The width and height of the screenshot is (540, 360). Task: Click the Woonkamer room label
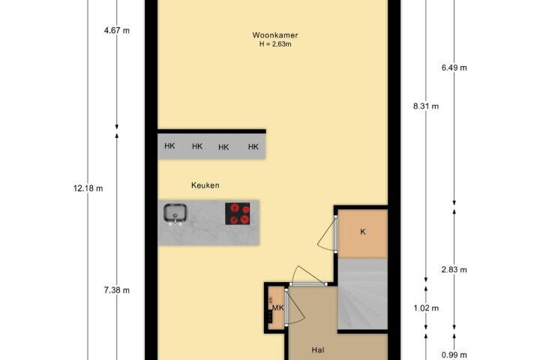point(274,35)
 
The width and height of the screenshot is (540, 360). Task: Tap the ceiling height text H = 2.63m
point(275,44)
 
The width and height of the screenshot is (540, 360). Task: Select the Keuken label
point(205,185)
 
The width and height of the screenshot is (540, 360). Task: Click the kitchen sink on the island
point(175,214)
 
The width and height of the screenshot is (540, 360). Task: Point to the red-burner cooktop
point(237,214)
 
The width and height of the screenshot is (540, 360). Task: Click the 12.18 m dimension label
point(88,188)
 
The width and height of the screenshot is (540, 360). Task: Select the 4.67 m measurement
point(117,31)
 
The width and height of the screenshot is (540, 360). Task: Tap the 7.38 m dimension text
point(117,290)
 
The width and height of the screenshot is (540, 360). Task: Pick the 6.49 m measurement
point(454,67)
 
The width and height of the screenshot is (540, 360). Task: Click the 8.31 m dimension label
point(426,106)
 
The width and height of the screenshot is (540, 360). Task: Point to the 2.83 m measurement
point(454,270)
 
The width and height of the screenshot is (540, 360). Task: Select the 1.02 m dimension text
point(426,308)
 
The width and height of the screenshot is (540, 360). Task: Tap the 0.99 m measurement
point(454,355)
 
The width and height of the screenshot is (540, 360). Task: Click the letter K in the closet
point(363,232)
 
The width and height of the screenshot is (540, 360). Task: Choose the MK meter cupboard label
point(278,308)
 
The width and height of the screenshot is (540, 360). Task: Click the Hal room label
point(318,350)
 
